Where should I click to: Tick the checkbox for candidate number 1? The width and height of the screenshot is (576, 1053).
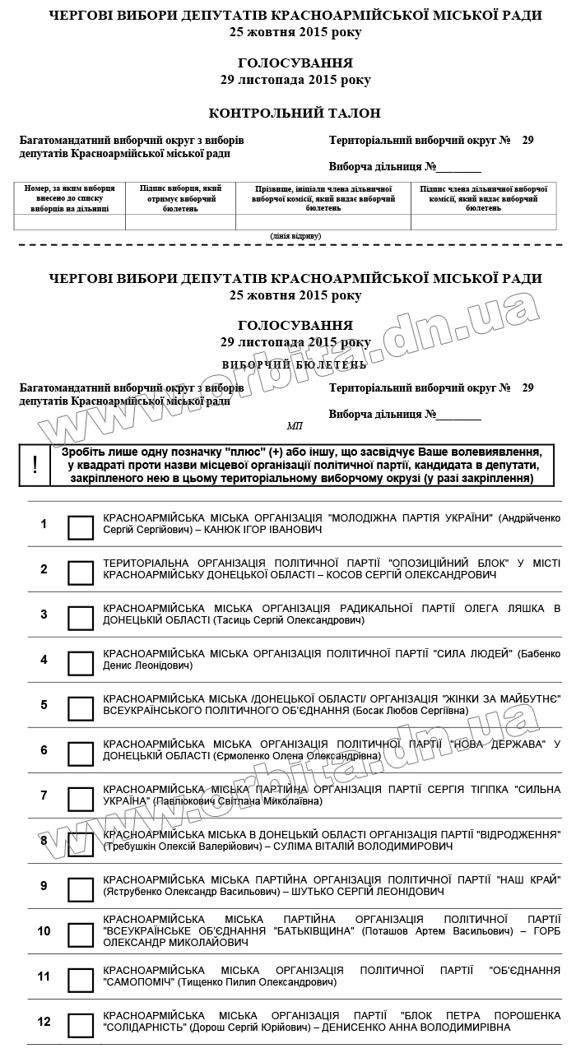[81, 527]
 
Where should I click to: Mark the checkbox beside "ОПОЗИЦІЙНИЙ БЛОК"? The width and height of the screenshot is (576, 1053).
[81, 573]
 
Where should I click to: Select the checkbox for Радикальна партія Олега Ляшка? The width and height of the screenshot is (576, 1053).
[81, 618]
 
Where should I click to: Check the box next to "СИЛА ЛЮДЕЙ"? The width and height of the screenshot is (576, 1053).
[81, 663]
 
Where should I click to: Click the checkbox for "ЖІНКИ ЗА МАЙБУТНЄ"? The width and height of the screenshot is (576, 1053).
[81, 708]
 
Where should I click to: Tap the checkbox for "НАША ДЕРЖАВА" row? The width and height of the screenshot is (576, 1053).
[81, 754]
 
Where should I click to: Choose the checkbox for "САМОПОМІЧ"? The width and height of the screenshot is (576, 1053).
[81, 980]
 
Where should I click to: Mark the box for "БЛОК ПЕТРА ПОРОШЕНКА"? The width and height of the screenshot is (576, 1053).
[81, 1025]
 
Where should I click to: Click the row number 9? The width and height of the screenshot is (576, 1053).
[44, 886]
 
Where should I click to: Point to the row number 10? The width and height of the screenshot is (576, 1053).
[44, 931]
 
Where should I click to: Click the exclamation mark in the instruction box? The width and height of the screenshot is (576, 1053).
[35, 465]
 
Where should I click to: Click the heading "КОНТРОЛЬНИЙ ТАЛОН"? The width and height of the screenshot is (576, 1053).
[295, 114]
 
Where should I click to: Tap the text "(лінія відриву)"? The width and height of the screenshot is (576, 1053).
[295, 236]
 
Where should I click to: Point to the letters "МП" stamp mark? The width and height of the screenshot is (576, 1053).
[295, 426]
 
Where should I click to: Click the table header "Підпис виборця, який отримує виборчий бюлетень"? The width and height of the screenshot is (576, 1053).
[180, 198]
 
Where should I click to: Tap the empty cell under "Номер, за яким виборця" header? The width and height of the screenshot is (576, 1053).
[70, 222]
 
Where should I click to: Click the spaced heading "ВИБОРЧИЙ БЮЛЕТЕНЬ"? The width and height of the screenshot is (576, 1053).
[295, 364]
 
